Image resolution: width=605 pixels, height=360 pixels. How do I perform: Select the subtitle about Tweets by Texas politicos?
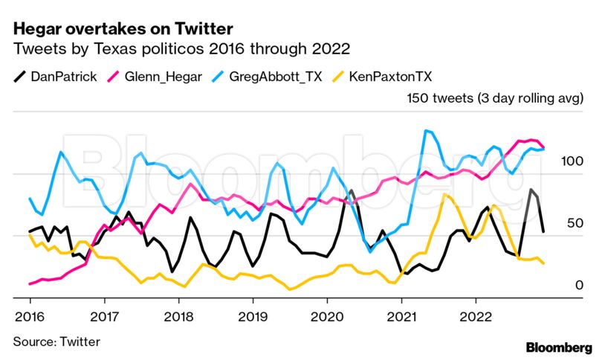pyautogui.click(x=181, y=49)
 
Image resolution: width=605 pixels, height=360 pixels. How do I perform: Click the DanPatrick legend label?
pyautogui.click(x=63, y=76)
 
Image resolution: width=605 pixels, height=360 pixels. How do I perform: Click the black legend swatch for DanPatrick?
pyautogui.click(x=20, y=76)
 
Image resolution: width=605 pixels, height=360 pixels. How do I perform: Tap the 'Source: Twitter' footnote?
pyautogui.click(x=56, y=341)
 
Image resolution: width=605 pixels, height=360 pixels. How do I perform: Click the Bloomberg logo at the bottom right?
pyautogui.click(x=559, y=347)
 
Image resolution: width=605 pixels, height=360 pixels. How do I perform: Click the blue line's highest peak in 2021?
pyautogui.click(x=427, y=131)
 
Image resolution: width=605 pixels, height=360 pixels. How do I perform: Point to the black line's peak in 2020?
pyautogui.click(x=352, y=190)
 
